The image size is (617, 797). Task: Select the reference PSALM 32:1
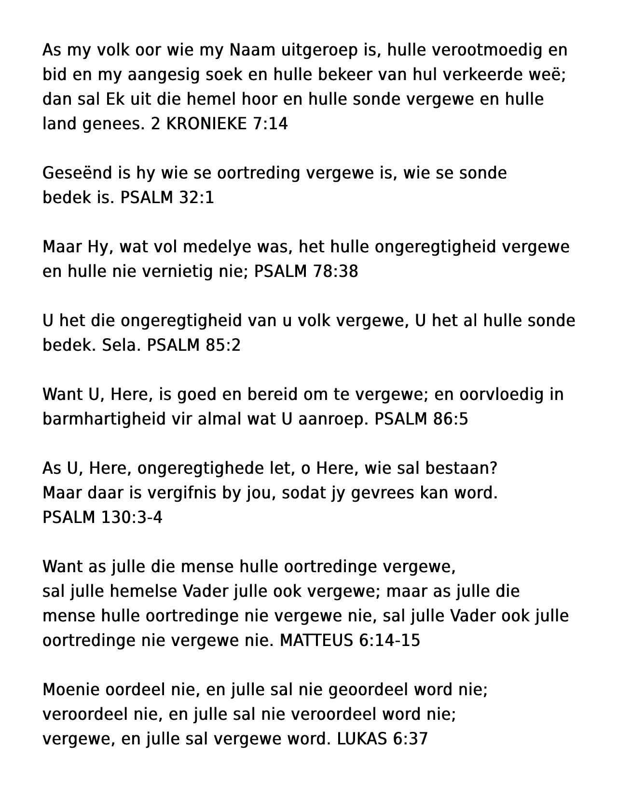click(167, 198)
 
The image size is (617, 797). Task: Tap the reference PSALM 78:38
click(306, 272)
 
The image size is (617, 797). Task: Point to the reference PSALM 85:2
click(193, 345)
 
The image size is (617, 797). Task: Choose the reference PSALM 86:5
click(421, 419)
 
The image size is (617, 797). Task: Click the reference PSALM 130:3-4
click(102, 517)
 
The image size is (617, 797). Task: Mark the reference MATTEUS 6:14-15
click(350, 640)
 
